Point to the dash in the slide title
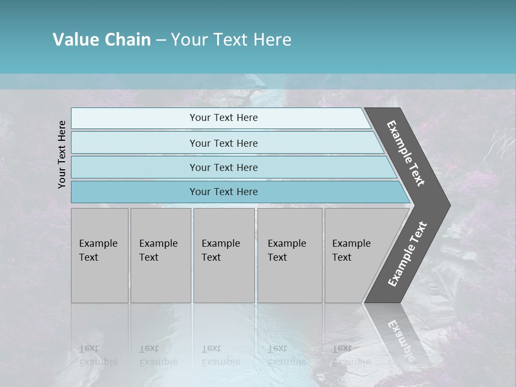pyautogui.click(x=161, y=40)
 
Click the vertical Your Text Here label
pyautogui.click(x=62, y=154)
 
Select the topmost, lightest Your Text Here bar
pyautogui.click(x=223, y=118)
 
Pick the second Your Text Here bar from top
pyautogui.click(x=223, y=143)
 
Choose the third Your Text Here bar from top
pyautogui.click(x=223, y=167)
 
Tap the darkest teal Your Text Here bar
pyautogui.click(x=223, y=192)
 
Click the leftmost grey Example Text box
pyautogui.click(x=99, y=255)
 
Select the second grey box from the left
pyautogui.click(x=161, y=255)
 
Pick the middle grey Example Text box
pyautogui.click(x=224, y=255)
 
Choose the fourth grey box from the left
pyautogui.click(x=290, y=255)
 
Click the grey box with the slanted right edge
pyautogui.click(x=355, y=255)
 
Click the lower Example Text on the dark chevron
pyautogui.click(x=407, y=254)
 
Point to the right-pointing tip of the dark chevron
pyautogui.click(x=448, y=205)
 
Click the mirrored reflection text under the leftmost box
pyautogui.click(x=98, y=355)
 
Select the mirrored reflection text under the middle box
pyautogui.click(x=220, y=355)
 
